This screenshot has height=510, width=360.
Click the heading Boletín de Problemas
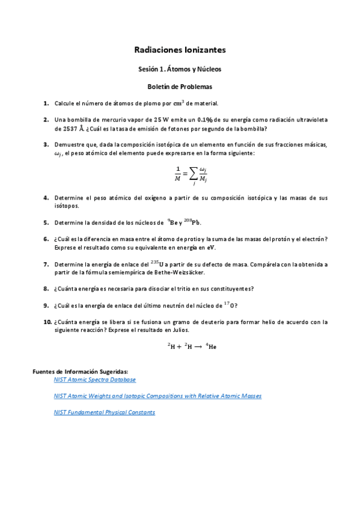tap(180, 87)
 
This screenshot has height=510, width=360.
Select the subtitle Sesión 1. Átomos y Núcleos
tap(180, 69)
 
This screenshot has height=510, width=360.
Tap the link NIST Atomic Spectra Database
tap(94, 380)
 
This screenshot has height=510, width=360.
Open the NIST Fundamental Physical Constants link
tap(104, 413)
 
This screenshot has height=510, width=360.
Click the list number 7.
tap(46, 264)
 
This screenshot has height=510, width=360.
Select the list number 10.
tap(47, 322)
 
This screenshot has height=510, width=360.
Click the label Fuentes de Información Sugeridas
tap(80, 372)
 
